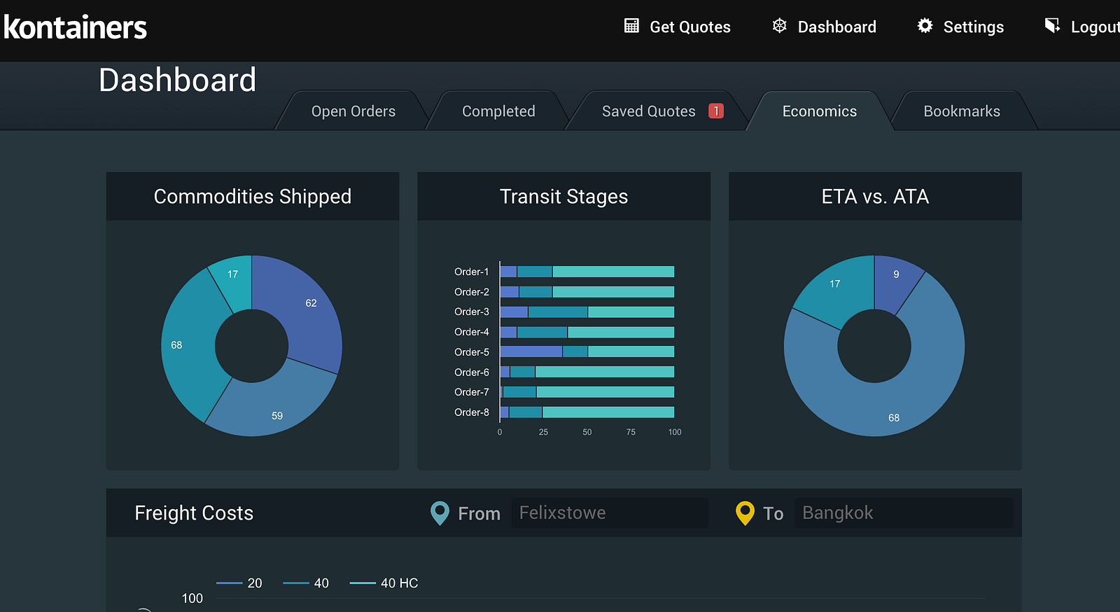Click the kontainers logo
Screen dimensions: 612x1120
76,27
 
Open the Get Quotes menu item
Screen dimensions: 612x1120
677,27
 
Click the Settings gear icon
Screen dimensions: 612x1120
925,26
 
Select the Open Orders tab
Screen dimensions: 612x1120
353,111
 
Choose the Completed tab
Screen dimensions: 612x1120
498,111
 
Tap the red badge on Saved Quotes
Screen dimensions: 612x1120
715,111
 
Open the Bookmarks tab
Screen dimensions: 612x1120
961,111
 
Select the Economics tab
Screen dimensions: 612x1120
819,111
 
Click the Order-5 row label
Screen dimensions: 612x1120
471,352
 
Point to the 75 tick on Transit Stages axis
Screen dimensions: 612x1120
631,432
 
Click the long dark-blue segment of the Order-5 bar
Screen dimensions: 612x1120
531,352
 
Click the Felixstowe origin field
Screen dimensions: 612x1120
609,513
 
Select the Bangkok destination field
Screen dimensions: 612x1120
903,513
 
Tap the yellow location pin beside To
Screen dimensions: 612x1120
745,513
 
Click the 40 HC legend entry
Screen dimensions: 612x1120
384,583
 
